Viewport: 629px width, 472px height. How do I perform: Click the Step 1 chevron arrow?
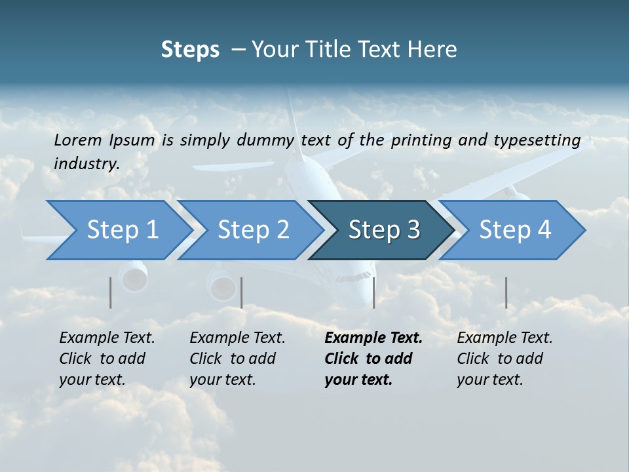pos(118,230)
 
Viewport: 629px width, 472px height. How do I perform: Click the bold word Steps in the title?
pos(190,50)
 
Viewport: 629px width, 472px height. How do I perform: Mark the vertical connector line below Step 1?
pos(111,292)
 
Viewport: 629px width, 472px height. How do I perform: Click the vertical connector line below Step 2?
pos(242,292)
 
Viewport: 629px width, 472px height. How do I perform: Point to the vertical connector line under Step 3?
pos(374,292)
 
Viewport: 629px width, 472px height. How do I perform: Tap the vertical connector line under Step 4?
pos(506,292)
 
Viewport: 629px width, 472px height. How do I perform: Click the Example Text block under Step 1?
pos(107,359)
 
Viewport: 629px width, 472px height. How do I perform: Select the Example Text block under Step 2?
pos(237,359)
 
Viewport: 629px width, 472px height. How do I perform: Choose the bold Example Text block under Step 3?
pos(373,359)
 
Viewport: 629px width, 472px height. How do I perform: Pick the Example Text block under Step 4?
pos(505,359)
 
